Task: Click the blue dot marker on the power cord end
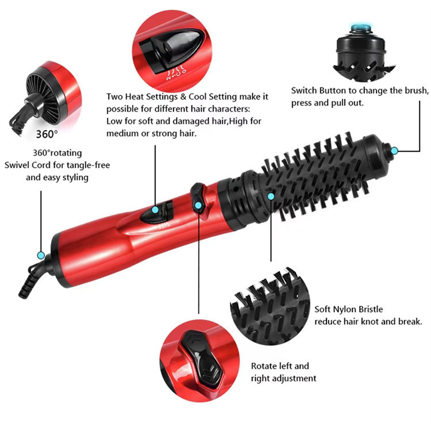point(41,255)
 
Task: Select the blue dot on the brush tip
point(394,151)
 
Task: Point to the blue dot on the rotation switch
point(198,205)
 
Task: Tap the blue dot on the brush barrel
point(271,196)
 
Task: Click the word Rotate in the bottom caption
point(264,366)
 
